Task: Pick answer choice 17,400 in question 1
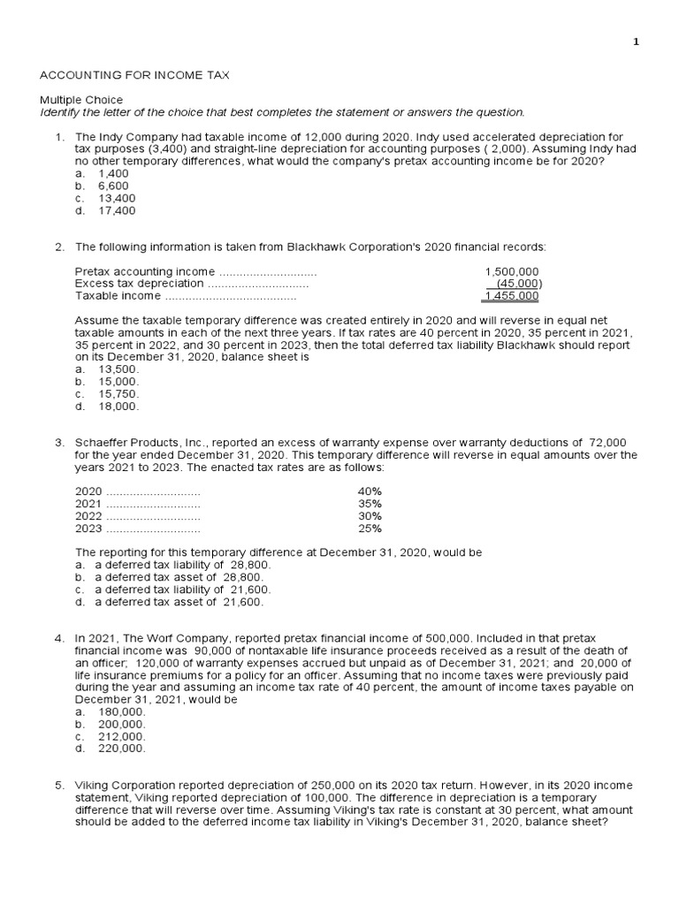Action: tap(113, 211)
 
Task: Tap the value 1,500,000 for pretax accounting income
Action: tap(512, 271)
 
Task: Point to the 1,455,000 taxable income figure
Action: tap(512, 296)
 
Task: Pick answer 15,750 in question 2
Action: tap(118, 393)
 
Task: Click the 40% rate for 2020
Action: tap(370, 491)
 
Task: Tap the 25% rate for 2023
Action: tap(370, 529)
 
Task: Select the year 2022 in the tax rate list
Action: tap(89, 516)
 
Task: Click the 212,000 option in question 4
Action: tap(121, 736)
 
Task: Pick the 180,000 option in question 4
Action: tap(121, 711)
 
